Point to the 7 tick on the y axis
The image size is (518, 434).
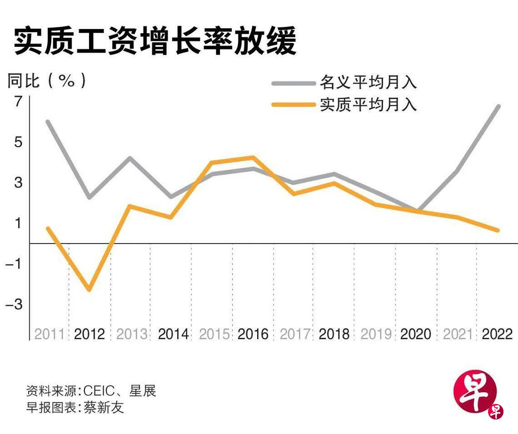pos(17,102)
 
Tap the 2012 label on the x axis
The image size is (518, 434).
pos(90,334)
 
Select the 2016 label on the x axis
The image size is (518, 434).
pos(253,334)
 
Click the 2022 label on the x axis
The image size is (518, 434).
pos(497,334)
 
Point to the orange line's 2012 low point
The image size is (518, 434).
pos(89,289)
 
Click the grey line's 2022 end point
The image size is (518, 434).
pos(498,106)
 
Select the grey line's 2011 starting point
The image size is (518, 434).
pos(48,122)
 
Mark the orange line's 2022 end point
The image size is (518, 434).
pos(498,230)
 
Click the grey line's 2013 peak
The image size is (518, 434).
pos(130,158)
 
